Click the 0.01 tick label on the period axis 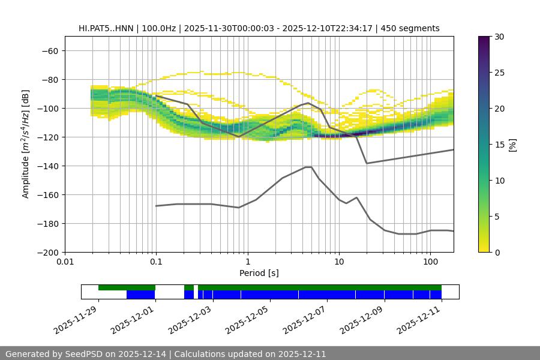pos(65,262)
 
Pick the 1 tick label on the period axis pos(247,262)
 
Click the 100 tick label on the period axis pos(430,262)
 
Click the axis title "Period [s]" pos(259,273)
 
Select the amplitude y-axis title pos(26,144)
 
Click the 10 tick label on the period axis pos(338,262)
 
